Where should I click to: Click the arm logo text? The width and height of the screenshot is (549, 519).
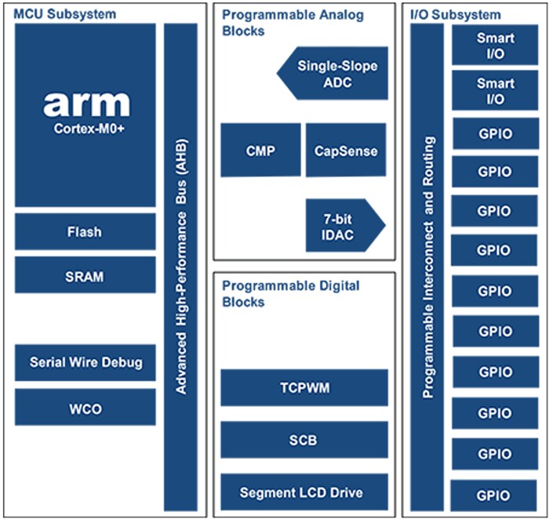coord(85,103)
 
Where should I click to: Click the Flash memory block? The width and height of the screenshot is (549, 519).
coord(85,232)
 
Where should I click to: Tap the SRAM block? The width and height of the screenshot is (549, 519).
coord(85,276)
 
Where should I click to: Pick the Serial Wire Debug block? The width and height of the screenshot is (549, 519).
coord(85,362)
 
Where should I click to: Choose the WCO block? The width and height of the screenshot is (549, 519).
coord(85,408)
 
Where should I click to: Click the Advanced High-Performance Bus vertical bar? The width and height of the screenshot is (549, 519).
coord(180,267)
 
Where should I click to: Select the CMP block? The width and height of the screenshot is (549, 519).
coord(260,150)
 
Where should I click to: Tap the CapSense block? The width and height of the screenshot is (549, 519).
coord(345,150)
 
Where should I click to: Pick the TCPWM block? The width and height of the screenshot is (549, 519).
coord(304,387)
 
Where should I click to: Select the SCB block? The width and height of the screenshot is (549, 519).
coord(304,440)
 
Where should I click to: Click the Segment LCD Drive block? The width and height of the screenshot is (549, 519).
coord(304,492)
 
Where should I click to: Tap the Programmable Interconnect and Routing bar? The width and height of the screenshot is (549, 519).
coord(427,267)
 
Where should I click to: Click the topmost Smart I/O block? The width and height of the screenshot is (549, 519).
coord(495,45)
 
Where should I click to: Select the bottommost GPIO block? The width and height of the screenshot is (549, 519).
coord(495,495)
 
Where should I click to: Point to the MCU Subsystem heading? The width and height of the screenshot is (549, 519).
coord(64,14)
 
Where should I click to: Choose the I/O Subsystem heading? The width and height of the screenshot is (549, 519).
coord(455,14)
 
